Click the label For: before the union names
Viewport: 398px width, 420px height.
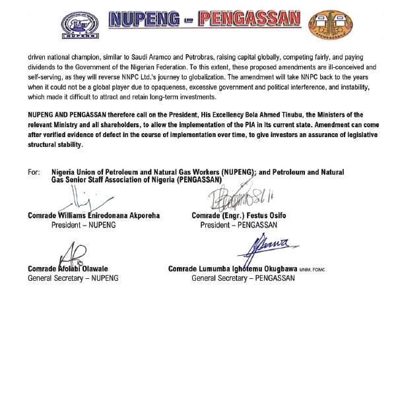pos(34,172)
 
